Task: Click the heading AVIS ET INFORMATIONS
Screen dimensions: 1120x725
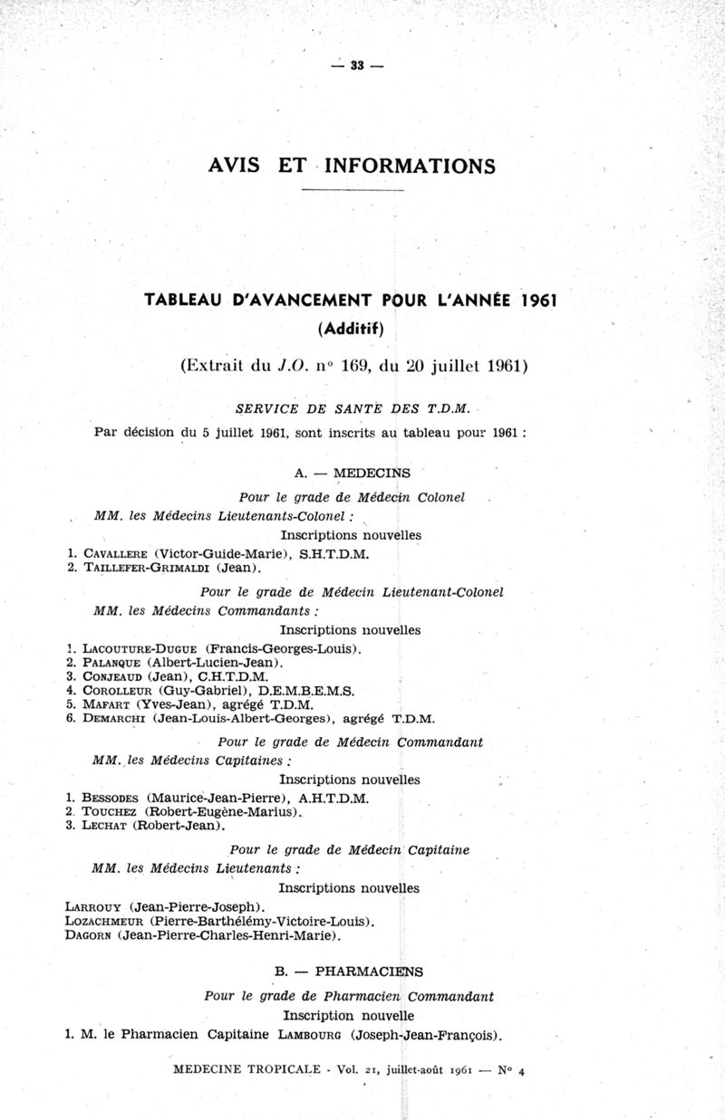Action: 352,166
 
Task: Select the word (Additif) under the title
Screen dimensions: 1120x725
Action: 351,328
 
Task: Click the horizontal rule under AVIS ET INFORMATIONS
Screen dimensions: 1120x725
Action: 352,191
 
